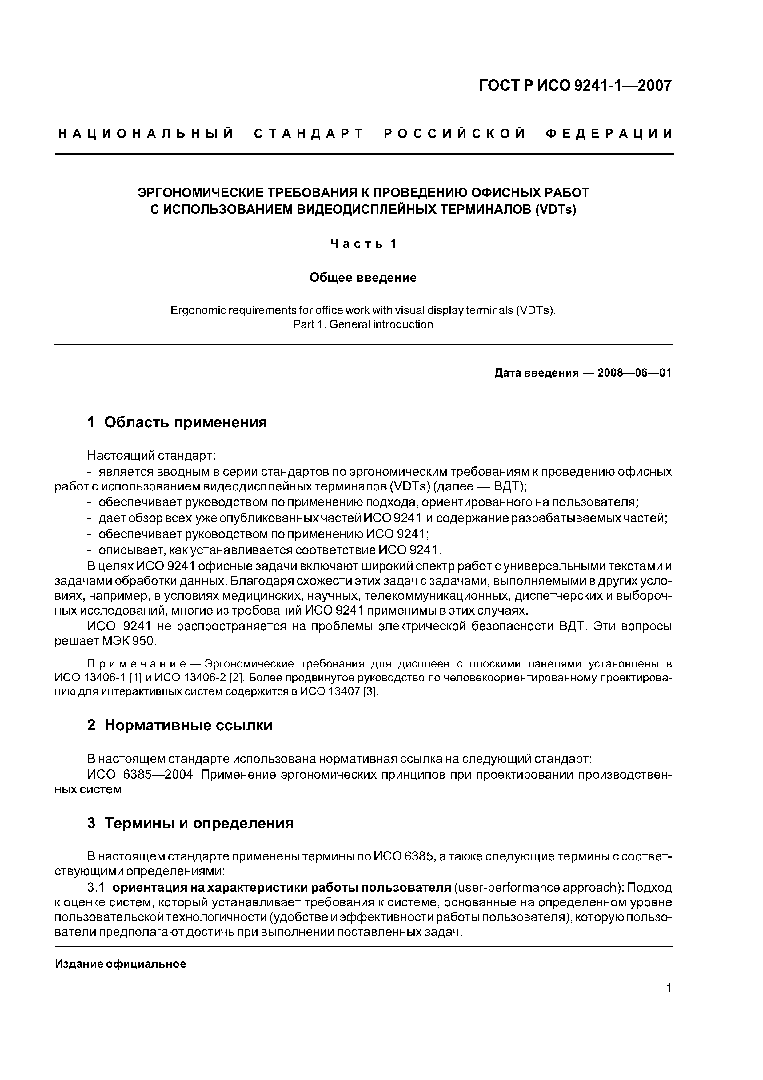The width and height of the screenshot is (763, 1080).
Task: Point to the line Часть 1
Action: tap(363, 244)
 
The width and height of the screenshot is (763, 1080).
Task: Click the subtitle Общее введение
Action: tap(363, 277)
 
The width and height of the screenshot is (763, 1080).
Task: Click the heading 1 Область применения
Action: tap(177, 422)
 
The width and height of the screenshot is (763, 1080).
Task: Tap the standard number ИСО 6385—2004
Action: tap(140, 774)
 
